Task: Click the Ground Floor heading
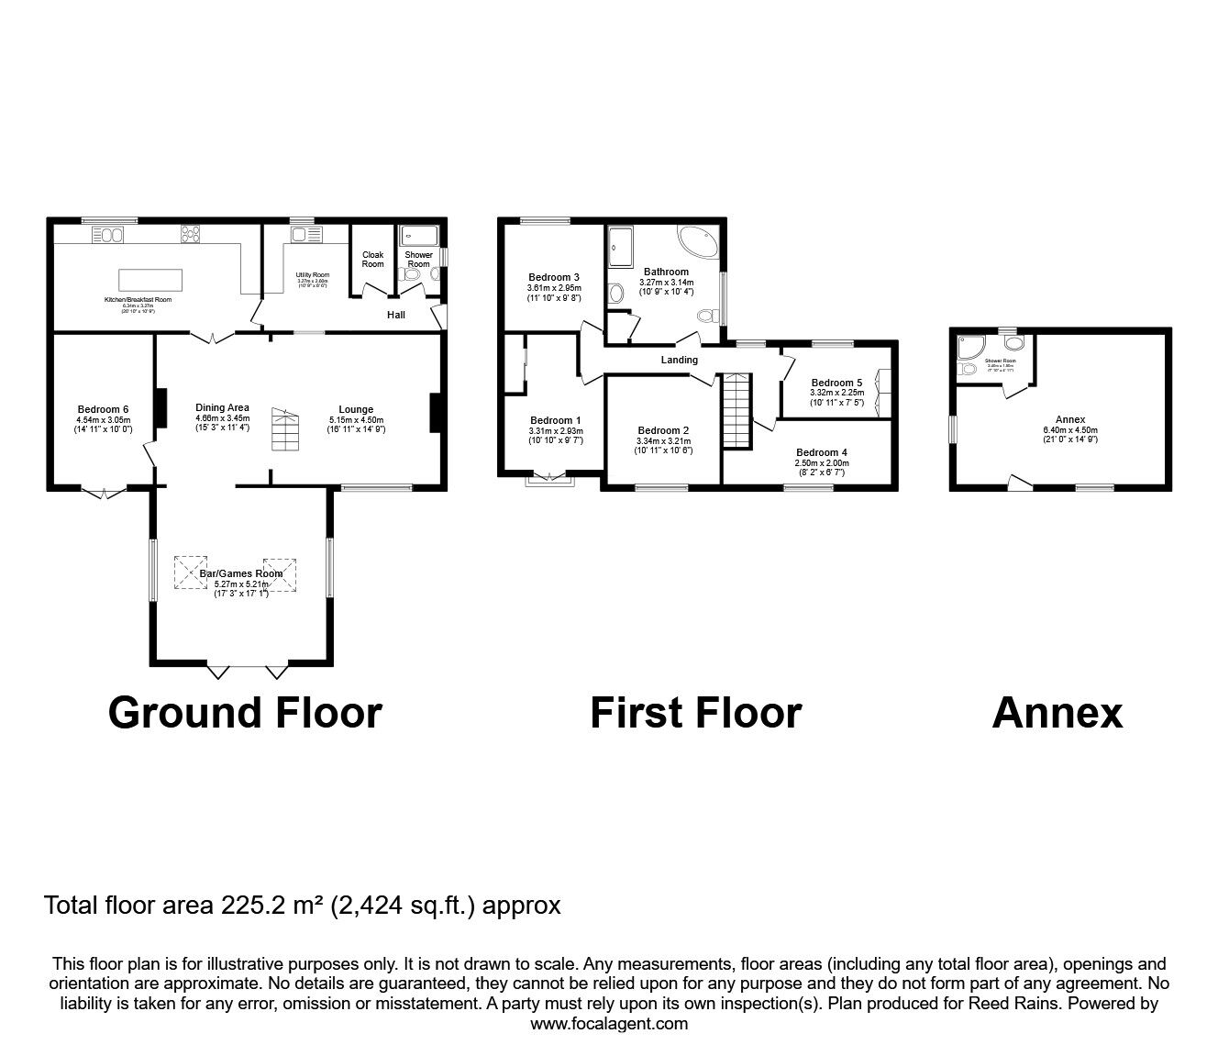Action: (245, 713)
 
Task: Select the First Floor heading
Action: (695, 713)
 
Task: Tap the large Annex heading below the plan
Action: (1057, 713)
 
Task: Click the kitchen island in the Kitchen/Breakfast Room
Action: (150, 278)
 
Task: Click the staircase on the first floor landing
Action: (736, 411)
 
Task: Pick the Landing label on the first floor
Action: (680, 360)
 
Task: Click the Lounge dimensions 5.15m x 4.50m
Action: (356, 421)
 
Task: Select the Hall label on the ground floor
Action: (395, 315)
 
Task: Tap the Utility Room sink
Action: (299, 236)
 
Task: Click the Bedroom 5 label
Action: (836, 383)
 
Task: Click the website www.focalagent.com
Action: (609, 1024)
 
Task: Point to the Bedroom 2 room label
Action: (663, 430)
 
